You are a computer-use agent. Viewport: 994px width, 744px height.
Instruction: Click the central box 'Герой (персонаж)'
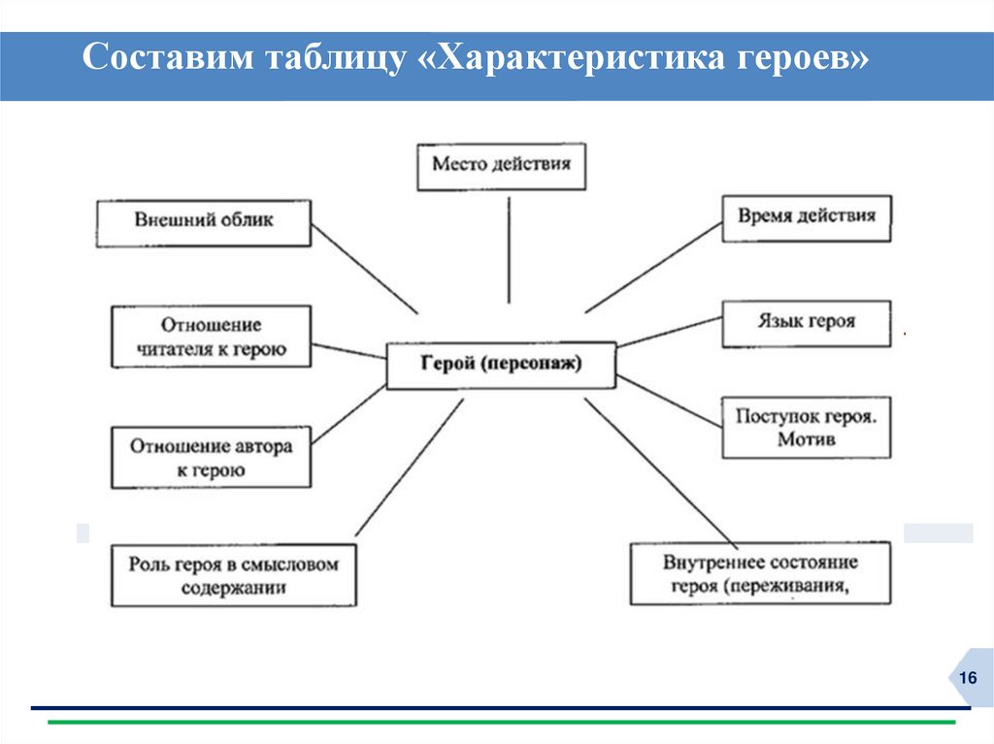(501, 365)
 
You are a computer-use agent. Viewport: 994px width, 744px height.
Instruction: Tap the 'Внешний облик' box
(204, 222)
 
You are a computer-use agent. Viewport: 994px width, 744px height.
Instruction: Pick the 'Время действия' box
(807, 217)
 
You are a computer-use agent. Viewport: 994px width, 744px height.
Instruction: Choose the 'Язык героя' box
(807, 324)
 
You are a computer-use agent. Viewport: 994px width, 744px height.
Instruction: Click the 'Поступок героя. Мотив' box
(807, 427)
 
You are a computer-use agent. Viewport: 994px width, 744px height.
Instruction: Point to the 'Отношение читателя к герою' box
(211, 337)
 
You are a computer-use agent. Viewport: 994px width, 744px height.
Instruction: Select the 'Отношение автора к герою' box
(211, 458)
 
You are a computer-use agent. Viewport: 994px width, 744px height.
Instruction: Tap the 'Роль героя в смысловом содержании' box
(233, 575)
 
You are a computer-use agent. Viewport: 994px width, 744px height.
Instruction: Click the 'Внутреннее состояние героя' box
(760, 573)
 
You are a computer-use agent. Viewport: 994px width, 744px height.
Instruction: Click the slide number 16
(967, 677)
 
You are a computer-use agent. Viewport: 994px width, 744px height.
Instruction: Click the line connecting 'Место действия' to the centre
(508, 247)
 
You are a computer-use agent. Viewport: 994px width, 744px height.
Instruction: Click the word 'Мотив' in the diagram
(807, 439)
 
